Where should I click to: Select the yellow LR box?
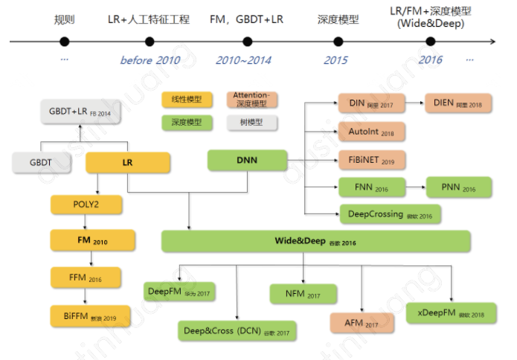point(128,162)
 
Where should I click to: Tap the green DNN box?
point(247,161)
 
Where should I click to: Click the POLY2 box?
point(86,203)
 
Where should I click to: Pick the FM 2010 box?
point(93,240)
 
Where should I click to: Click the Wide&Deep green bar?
point(316,241)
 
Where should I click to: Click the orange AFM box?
point(362,324)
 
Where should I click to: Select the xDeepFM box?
point(449,313)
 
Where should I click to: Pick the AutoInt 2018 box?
point(371,132)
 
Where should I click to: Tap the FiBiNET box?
point(371,159)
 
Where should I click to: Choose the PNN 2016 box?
point(459,187)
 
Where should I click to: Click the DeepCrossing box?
point(389,214)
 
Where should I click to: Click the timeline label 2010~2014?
point(243,60)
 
